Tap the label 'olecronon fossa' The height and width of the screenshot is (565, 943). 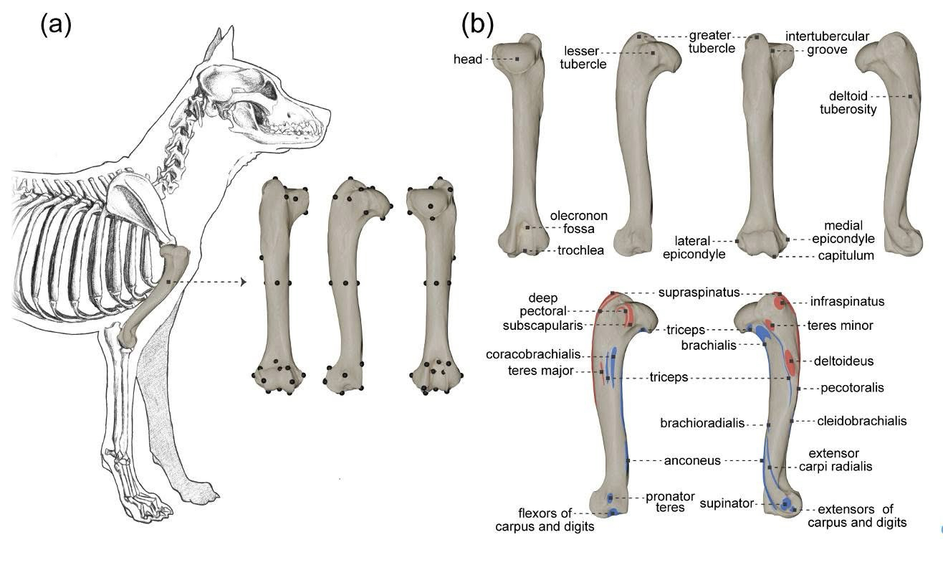coord(578,222)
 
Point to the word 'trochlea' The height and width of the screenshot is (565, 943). coord(580,250)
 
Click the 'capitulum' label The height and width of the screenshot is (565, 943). coord(846,256)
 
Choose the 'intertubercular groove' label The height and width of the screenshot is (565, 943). coord(827,43)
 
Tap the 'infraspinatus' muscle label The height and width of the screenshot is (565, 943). coord(847,302)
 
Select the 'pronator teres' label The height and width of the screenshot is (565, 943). coord(664,501)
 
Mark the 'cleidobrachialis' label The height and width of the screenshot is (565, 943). coord(861,421)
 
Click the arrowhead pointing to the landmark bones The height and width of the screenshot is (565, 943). coord(244,282)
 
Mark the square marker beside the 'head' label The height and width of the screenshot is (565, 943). coord(517,59)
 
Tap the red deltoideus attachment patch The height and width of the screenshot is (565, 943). coord(789,361)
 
